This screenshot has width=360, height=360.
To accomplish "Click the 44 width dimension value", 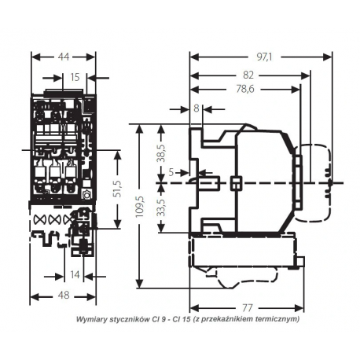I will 63,57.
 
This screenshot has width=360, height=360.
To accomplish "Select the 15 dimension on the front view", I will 75,77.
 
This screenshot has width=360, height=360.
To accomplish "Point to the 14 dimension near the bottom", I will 75,275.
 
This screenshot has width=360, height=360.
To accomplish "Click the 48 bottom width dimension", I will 63,297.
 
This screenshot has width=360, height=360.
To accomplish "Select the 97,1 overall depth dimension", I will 264,57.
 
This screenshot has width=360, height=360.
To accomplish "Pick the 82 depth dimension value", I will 249,75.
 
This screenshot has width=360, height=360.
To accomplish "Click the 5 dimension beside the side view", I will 171,171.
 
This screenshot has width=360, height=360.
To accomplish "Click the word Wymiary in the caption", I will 93,320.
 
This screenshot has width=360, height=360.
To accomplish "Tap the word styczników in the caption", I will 132,320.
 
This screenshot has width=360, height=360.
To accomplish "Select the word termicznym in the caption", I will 272,320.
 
